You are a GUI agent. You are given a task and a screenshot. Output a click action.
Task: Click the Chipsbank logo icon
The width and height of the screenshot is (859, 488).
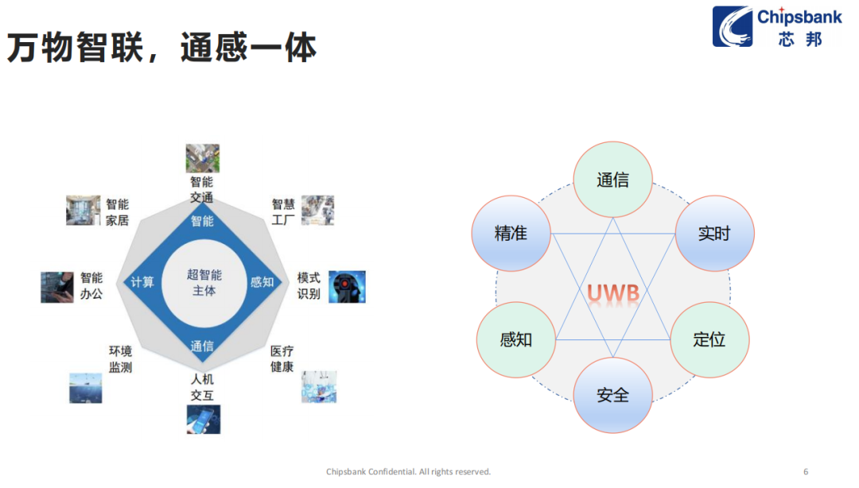point(733,26)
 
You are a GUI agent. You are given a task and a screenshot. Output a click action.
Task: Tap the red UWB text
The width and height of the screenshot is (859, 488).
point(613,293)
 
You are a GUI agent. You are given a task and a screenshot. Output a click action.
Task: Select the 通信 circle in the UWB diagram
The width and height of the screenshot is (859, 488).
point(612,179)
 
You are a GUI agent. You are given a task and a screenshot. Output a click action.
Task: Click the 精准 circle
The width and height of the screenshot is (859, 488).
point(511,233)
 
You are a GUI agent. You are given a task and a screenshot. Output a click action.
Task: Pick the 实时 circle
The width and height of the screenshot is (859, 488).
point(714,233)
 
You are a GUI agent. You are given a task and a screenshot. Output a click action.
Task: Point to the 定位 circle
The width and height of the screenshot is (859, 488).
point(709,339)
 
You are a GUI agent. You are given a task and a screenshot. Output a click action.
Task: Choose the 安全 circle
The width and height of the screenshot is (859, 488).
point(612,395)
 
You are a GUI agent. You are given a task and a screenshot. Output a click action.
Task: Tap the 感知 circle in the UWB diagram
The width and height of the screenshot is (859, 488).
point(516,339)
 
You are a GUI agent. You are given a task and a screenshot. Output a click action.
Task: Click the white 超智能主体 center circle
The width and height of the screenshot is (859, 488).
point(204,283)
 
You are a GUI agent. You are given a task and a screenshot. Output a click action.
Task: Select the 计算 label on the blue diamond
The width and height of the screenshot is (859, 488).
point(142,282)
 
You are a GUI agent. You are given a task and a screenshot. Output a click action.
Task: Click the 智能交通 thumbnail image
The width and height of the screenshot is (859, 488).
point(203,158)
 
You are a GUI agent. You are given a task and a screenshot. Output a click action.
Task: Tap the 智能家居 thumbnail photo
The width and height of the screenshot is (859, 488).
point(83,211)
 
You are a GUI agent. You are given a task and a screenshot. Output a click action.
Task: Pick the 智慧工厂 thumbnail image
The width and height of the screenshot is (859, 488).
point(317,211)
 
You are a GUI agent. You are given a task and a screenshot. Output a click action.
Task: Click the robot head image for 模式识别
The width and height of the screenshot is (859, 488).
point(347,286)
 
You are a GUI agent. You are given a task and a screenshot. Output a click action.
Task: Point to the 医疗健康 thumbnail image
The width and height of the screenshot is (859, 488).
point(319,387)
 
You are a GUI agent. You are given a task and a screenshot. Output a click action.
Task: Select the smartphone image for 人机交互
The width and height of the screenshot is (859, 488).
point(204,420)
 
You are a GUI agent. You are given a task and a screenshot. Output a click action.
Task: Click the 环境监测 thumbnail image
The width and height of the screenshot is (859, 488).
point(85,388)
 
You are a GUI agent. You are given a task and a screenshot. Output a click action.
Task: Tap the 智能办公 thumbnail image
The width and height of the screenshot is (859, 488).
point(57,287)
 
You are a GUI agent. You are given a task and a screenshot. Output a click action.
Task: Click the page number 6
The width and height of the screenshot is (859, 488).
point(806,471)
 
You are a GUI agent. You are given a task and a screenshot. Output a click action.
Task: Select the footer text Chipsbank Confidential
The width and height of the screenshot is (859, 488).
point(371,471)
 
